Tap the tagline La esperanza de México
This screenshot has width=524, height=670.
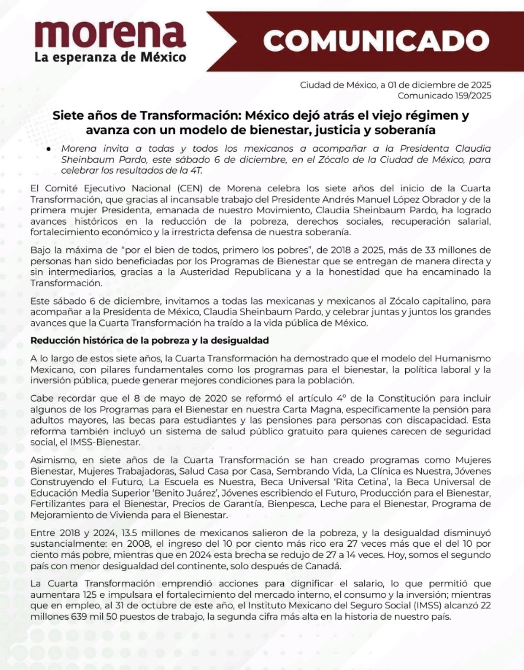[x=110, y=57]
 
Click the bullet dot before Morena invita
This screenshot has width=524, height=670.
[x=48, y=149]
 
